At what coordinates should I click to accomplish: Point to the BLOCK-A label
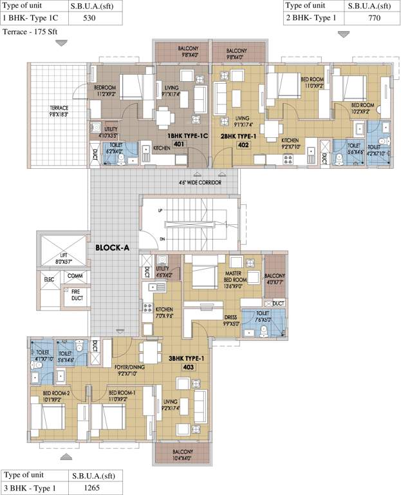pos(113,247)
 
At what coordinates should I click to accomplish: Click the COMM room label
pos(75,276)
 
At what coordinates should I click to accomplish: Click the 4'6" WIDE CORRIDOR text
pos(200,182)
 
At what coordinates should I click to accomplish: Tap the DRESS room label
pos(231,318)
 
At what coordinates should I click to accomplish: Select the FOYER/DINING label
pos(131,369)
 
